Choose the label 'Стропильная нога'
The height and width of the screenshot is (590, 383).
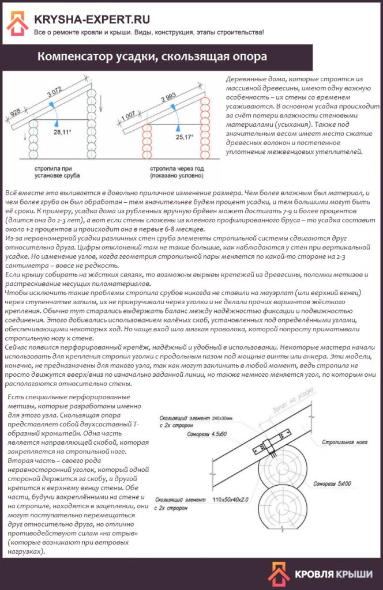[337, 442]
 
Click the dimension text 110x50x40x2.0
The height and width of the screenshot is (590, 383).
[236, 498]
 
